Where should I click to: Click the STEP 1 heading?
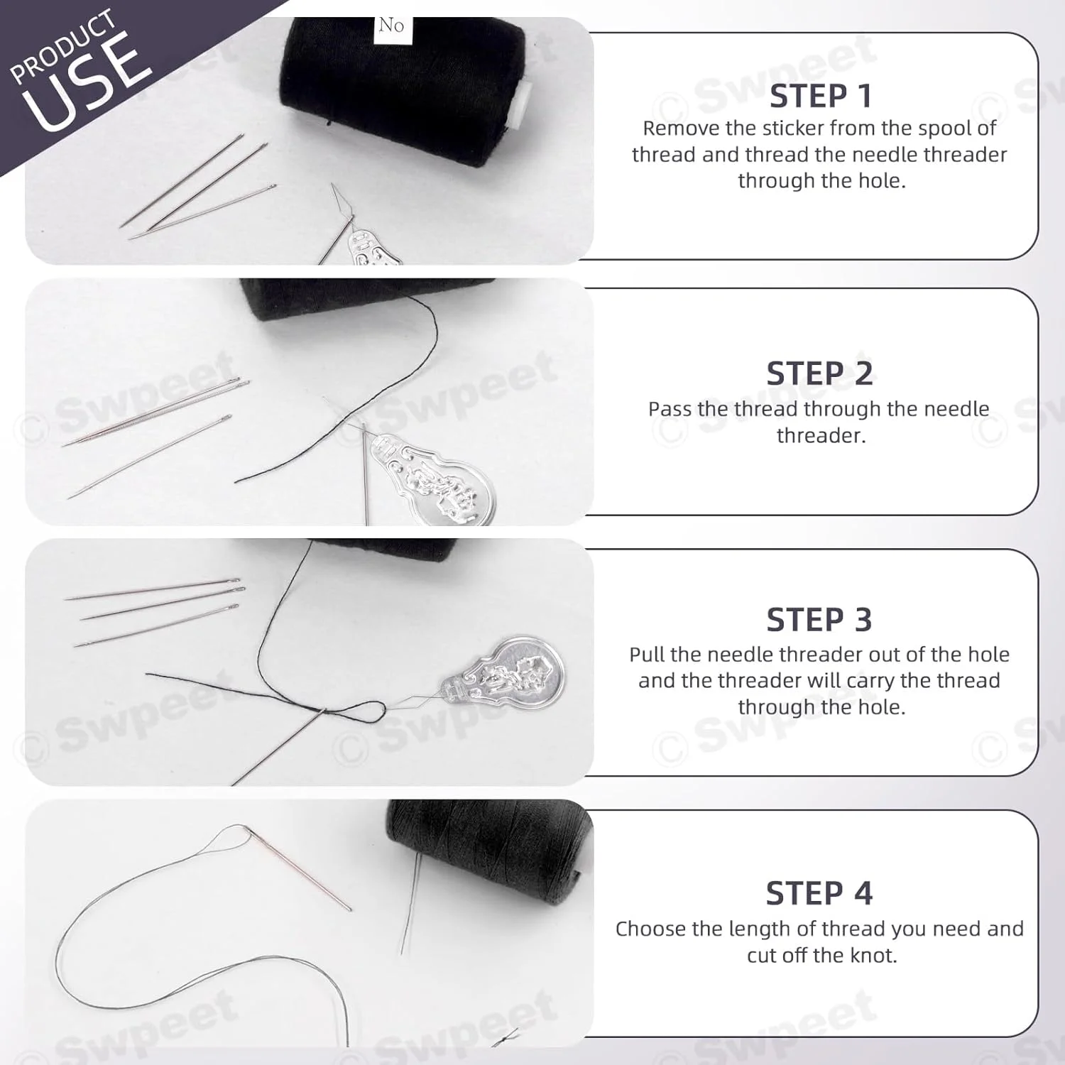(820, 97)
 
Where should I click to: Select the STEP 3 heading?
(819, 620)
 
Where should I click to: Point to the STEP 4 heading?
(819, 893)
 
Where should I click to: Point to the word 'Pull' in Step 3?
(645, 654)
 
